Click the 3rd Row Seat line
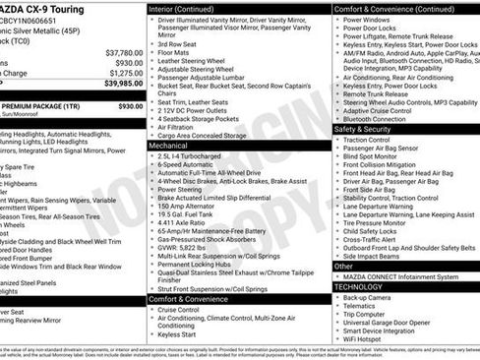[178, 44]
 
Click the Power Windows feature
[368, 19]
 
